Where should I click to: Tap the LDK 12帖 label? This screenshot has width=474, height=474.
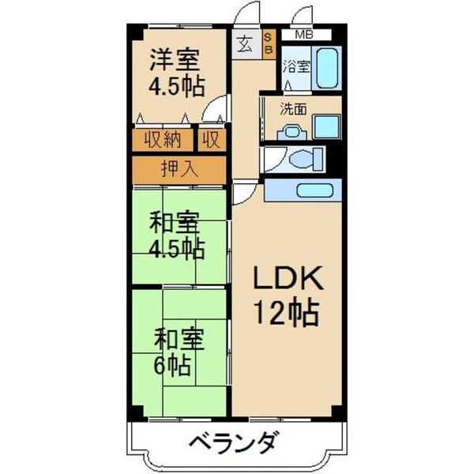[287, 296]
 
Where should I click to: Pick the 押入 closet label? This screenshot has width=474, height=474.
[179, 168]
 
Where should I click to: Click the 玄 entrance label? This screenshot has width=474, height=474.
[244, 44]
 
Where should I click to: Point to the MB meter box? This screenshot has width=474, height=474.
[303, 36]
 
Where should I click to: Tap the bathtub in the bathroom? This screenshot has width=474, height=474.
[328, 69]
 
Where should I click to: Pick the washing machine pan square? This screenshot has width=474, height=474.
[326, 127]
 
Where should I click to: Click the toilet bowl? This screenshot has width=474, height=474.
[303, 159]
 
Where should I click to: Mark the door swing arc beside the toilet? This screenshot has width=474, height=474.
[271, 160]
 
